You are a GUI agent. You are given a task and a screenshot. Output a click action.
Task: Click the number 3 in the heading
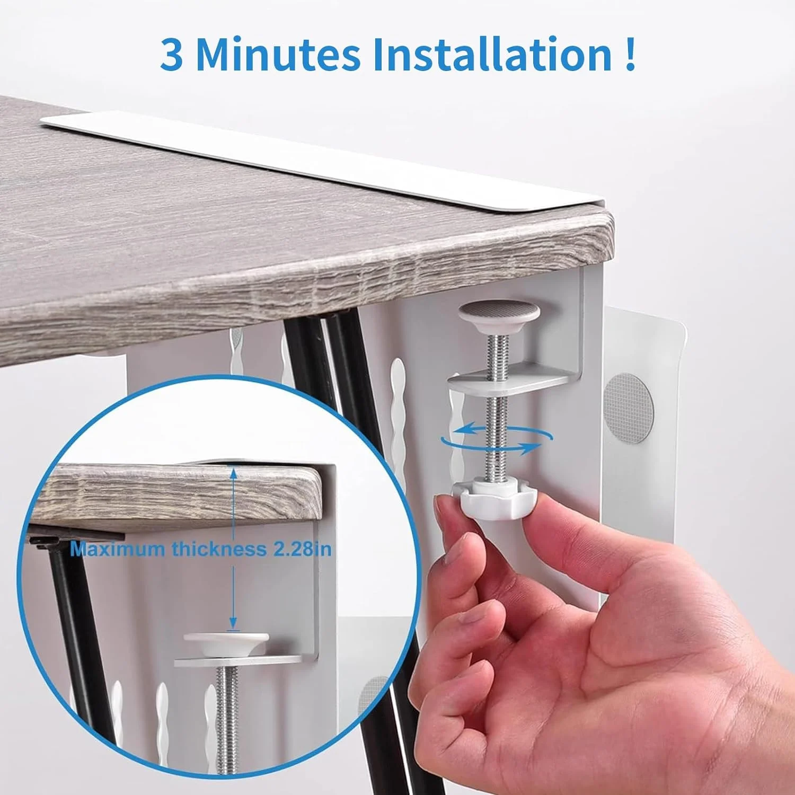point(172,55)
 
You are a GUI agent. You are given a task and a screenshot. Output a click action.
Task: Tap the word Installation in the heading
point(492,55)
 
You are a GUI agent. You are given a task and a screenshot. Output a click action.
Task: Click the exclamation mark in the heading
point(630,55)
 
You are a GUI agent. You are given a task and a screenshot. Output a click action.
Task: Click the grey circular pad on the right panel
point(629,405)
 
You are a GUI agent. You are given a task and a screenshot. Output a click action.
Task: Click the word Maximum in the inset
point(118,549)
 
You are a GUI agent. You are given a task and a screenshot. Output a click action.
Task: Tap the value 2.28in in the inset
point(302,549)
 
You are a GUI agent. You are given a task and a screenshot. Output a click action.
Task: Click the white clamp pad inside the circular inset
point(226,642)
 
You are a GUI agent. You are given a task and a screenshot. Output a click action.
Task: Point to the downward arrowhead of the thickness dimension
point(232,625)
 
